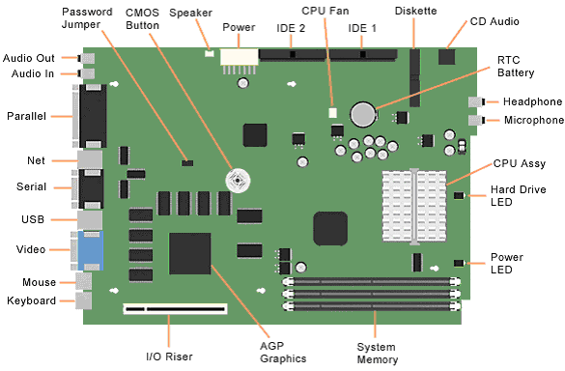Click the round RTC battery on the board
coord(364,115)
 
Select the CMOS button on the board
coord(238,181)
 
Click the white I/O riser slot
coord(176,309)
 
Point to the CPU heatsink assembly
coord(414,207)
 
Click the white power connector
coord(240,57)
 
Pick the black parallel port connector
coord(93,116)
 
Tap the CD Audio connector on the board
coord(447,57)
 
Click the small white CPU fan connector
coord(332,113)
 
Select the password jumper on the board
coord(187,163)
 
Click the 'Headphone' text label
coord(532,102)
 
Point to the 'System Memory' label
coord(378,354)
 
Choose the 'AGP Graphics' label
coord(283,353)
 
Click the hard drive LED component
coord(459,196)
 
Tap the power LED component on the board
coord(459,263)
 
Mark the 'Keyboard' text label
coord(31,300)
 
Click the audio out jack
coord(87,58)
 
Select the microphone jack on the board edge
coord(476,120)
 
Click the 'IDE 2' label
coord(291,28)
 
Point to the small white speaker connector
coord(209,53)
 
